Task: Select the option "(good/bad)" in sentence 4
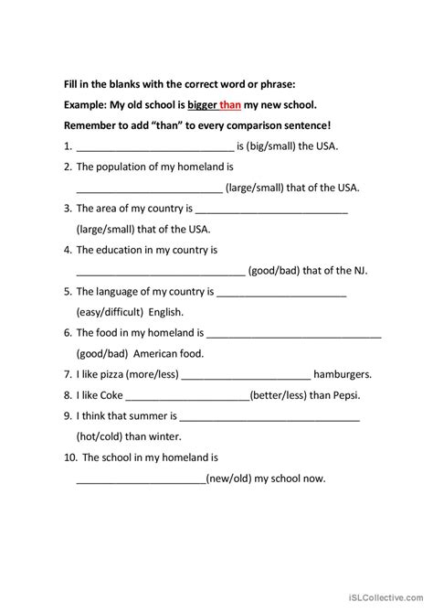point(279,270)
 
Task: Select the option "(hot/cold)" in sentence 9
point(104,436)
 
